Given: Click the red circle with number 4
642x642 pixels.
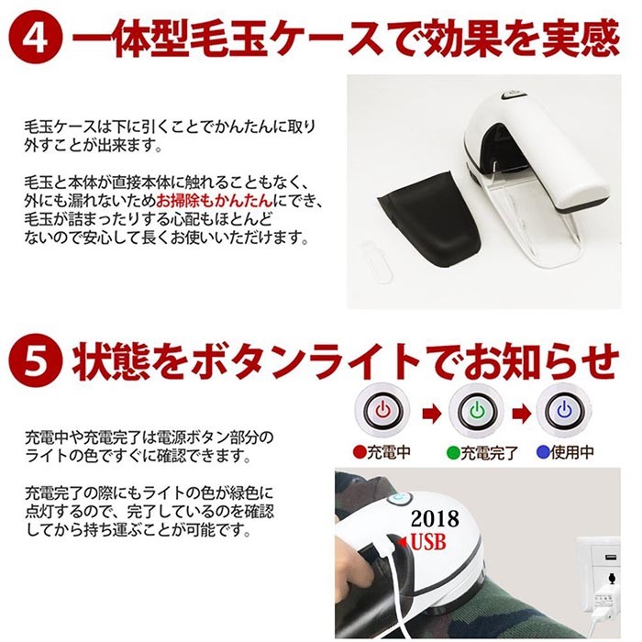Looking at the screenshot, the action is (36, 39).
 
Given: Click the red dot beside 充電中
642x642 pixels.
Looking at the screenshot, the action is (360, 452).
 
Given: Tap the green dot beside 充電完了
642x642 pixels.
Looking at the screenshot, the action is (453, 452).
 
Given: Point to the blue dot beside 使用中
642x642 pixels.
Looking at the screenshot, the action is (543, 452).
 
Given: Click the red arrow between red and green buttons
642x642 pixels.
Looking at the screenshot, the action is (431, 414).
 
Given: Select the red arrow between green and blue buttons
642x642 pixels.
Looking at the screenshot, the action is (521, 414).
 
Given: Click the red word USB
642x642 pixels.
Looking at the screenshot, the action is (428, 542).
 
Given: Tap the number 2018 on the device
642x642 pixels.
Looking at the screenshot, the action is (435, 519).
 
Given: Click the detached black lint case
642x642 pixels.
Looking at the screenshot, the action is (428, 218).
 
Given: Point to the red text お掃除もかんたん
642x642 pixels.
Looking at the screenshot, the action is (215, 201).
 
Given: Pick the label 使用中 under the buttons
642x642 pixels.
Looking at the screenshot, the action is (571, 452).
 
